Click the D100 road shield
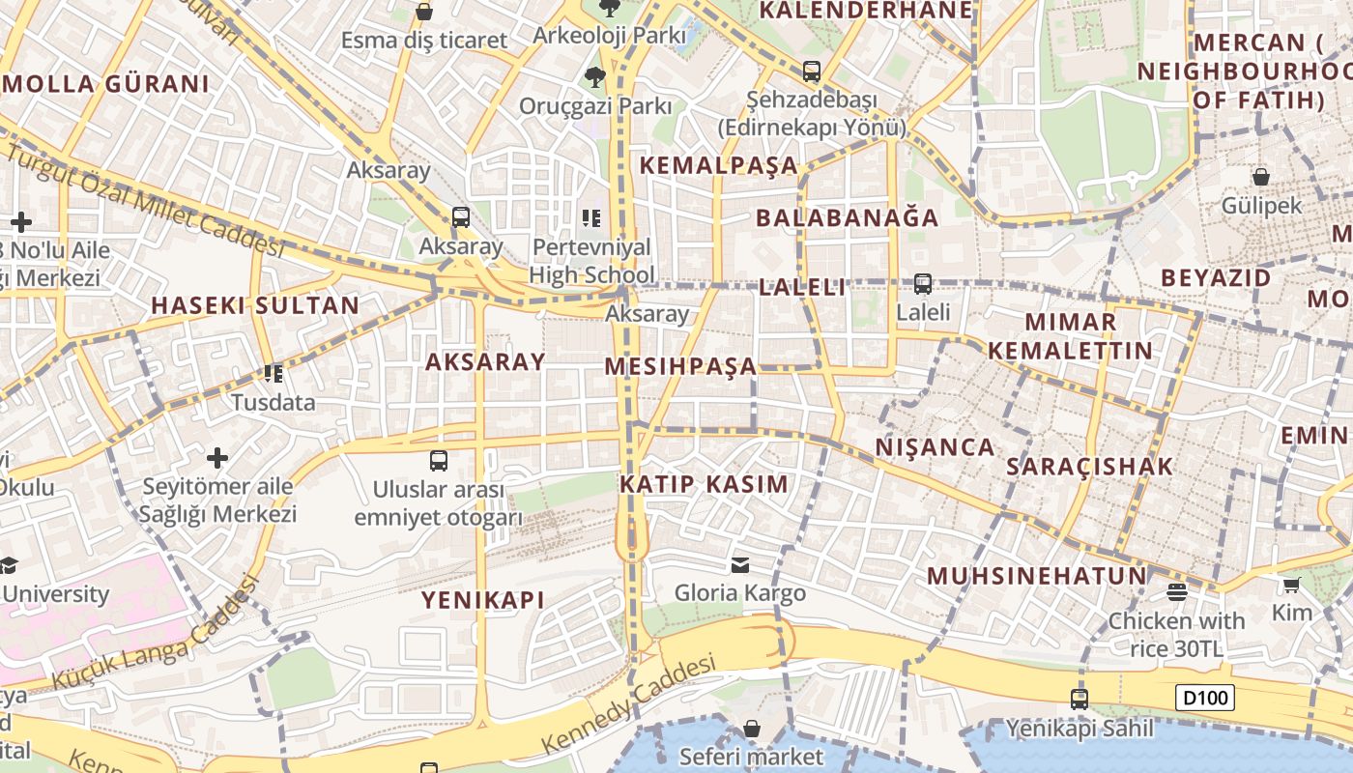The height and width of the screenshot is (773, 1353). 1205,698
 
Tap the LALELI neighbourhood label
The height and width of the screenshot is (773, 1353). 802,287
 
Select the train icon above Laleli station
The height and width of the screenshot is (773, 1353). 923,284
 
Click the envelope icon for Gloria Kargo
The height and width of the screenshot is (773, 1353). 739,564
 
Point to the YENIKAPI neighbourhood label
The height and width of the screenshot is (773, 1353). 483,600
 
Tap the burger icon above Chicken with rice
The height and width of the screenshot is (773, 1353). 1176,591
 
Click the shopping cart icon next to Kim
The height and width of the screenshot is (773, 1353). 1291,584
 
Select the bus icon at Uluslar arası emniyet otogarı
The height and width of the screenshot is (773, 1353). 439,460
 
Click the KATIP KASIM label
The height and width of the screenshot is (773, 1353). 705,484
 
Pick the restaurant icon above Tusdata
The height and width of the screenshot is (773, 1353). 273,373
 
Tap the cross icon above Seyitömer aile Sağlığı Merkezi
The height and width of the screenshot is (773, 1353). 217,457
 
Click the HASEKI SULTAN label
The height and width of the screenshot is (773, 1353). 255,306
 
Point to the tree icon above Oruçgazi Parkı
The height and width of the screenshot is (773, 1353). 594,76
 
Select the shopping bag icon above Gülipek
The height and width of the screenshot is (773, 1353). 1261,177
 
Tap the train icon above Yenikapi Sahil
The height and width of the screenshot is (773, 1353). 1080,699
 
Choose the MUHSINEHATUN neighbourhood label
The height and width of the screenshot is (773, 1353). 1037,577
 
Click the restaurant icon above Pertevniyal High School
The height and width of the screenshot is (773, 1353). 591,218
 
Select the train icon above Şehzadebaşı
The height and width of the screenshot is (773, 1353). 812,71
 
